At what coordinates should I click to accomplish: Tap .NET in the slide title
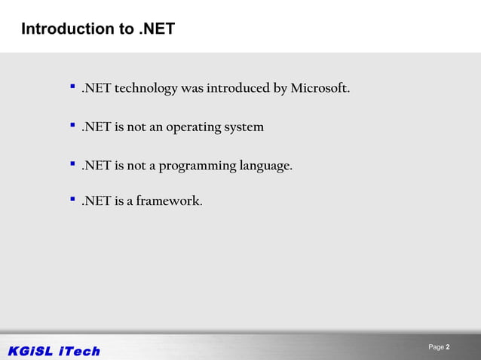click(x=157, y=29)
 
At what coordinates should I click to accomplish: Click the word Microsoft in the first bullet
click(x=320, y=89)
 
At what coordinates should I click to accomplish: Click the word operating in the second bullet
click(x=193, y=127)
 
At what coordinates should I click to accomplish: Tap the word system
click(x=244, y=127)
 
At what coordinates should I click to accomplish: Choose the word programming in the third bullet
click(x=197, y=166)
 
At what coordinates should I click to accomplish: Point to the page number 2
click(x=448, y=347)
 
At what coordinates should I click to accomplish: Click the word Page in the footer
click(x=436, y=347)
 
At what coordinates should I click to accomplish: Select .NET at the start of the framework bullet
click(x=96, y=202)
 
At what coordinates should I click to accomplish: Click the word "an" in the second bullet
click(x=156, y=127)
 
